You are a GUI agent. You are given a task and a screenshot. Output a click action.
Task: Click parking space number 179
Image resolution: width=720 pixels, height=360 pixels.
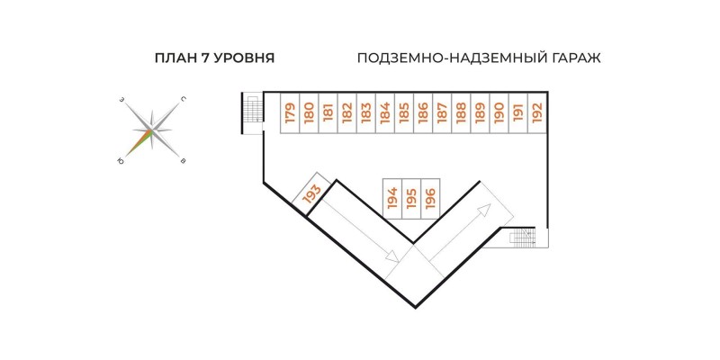[x=290, y=113]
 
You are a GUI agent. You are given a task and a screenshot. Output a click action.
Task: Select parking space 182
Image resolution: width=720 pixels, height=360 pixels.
[x=346, y=113]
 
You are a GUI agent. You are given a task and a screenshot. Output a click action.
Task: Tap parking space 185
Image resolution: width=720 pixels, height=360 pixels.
[x=404, y=113]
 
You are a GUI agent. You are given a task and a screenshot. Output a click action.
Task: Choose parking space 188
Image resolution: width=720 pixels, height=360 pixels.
[x=461, y=113]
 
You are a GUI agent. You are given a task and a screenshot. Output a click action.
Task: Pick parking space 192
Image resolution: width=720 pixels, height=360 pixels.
[x=536, y=113]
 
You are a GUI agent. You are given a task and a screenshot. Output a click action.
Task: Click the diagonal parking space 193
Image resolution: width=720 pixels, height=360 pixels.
[x=312, y=193]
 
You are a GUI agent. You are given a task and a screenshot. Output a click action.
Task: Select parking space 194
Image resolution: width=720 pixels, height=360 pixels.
[x=391, y=198]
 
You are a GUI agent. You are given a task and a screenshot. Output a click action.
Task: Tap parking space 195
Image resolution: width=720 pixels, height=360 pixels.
[x=410, y=198]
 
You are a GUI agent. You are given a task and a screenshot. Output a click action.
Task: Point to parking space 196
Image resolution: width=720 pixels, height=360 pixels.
[x=429, y=198]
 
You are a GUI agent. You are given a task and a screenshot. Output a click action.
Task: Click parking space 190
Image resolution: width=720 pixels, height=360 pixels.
[x=499, y=113]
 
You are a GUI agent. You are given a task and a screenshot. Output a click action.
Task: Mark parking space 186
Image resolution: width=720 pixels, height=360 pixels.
[x=423, y=113]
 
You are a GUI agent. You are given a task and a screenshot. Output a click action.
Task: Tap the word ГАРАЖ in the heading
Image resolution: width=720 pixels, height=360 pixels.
[x=571, y=58]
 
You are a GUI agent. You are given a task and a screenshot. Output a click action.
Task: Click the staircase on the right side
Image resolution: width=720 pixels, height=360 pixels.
[x=524, y=238]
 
